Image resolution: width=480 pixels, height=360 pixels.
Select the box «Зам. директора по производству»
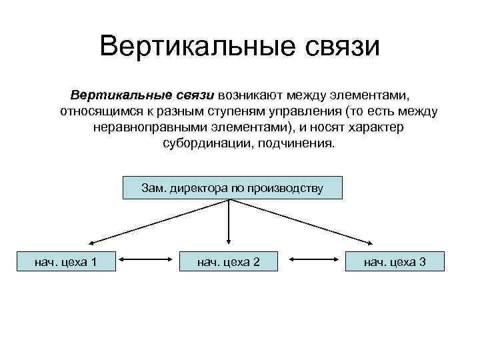coord(232,188)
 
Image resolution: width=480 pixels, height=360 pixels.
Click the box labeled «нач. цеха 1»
coord(65,261)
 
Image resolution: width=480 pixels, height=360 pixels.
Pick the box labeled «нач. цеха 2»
coord(229,261)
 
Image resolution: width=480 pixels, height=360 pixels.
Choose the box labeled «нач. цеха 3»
coord(395,261)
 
